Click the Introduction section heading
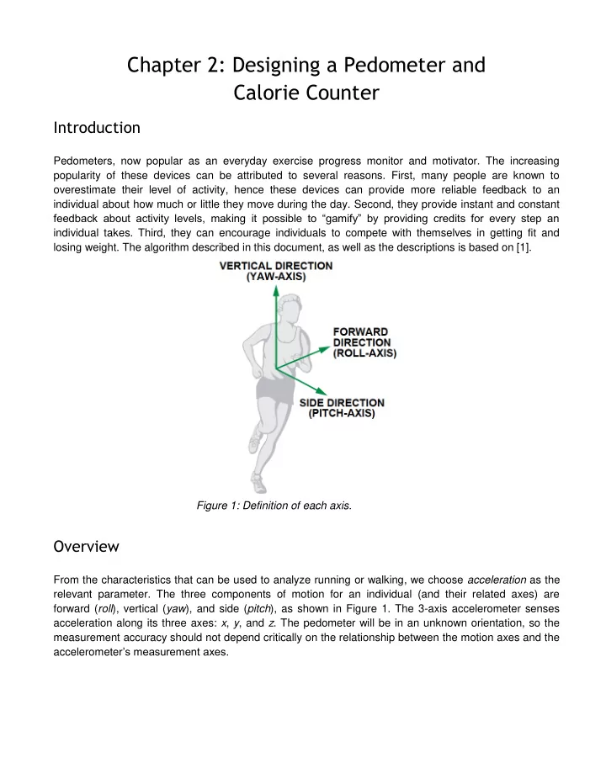click(x=97, y=128)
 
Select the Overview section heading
click(x=86, y=546)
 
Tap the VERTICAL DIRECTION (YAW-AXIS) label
click(x=276, y=271)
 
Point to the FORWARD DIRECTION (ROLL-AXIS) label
click(x=364, y=342)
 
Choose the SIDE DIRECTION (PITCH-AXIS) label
click(x=342, y=407)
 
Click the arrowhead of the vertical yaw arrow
click(x=276, y=290)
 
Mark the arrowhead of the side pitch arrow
click(x=322, y=391)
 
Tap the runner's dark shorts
click(x=274, y=389)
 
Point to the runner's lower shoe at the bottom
click(x=258, y=483)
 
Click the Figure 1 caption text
click(x=274, y=506)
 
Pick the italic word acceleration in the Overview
click(x=497, y=580)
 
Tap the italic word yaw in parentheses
click(x=175, y=609)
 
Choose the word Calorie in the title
click(x=266, y=93)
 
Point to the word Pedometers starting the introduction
click(x=84, y=161)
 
